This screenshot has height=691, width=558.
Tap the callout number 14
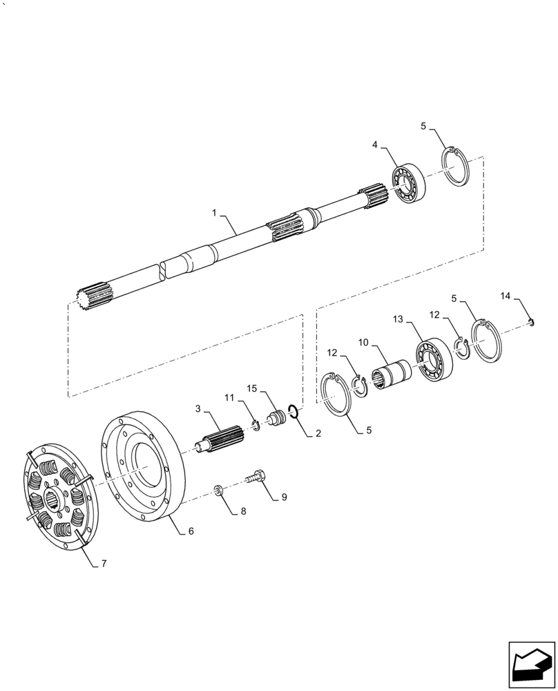tap(506, 296)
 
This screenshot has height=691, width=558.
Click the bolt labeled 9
tap(256, 476)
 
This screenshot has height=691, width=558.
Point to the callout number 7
tap(104, 564)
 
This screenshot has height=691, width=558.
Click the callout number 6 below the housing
tap(191, 531)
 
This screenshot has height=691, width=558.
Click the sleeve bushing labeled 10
tap(391, 377)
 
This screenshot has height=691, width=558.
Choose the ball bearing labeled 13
tap(433, 359)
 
